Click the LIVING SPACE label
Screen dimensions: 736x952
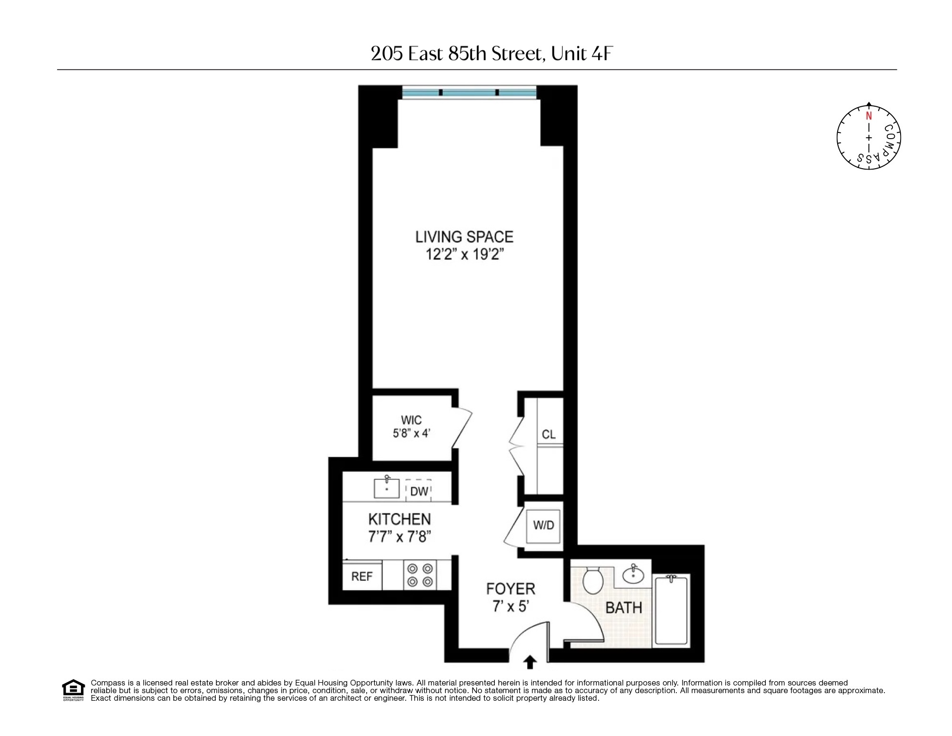pyautogui.click(x=464, y=237)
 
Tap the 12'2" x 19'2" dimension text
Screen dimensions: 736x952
pyautogui.click(x=464, y=255)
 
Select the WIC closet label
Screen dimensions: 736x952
pyautogui.click(x=411, y=420)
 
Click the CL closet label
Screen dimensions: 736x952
pyautogui.click(x=549, y=434)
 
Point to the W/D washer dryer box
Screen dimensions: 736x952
pyautogui.click(x=544, y=525)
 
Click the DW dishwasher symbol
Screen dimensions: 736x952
pyautogui.click(x=419, y=491)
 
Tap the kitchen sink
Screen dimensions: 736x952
pyautogui.click(x=386, y=488)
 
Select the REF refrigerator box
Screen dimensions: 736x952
pyautogui.click(x=362, y=577)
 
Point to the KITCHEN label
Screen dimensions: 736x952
pyautogui.click(x=399, y=519)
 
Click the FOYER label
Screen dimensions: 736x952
pyautogui.click(x=511, y=589)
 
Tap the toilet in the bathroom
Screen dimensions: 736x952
pyautogui.click(x=593, y=580)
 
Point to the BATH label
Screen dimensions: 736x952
pyautogui.click(x=623, y=608)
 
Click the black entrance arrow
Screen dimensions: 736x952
pyautogui.click(x=530, y=663)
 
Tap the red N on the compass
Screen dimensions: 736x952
pyautogui.click(x=869, y=116)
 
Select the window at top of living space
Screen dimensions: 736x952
pyautogui.click(x=469, y=92)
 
